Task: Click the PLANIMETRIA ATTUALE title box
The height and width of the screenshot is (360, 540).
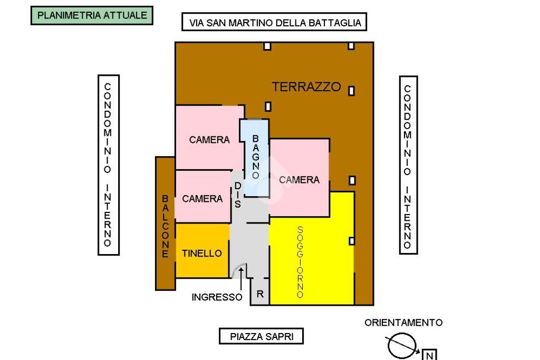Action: tap(92, 15)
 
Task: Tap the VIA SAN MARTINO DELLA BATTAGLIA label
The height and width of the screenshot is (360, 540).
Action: tap(275, 23)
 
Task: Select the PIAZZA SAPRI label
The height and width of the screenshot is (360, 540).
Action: tap(261, 336)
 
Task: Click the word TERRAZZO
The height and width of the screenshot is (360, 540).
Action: tap(306, 87)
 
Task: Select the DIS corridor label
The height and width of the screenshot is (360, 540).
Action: tap(238, 195)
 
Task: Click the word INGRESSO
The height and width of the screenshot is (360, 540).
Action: tap(217, 297)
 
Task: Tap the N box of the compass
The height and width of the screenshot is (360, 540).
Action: tap(430, 355)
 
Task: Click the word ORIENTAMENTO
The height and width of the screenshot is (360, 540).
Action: tap(403, 323)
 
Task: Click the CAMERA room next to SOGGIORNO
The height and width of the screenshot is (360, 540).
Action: tap(299, 179)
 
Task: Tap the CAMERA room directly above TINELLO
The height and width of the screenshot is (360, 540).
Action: tap(202, 198)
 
